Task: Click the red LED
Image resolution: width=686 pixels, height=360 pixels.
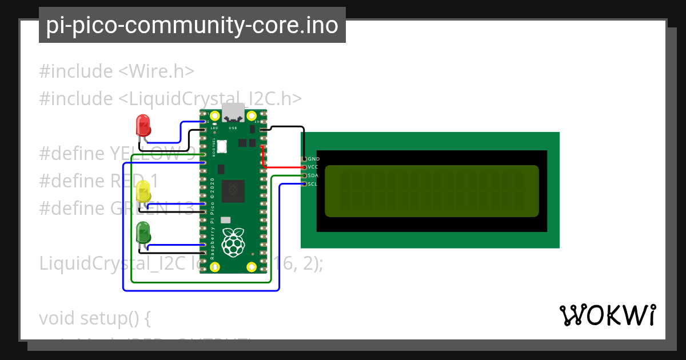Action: point(142,125)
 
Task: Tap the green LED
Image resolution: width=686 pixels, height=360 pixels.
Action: point(143,233)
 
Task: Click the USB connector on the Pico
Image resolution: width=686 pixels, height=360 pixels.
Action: point(233,113)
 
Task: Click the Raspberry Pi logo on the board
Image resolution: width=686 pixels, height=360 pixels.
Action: point(233,242)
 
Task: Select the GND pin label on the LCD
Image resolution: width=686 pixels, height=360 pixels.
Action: point(313,159)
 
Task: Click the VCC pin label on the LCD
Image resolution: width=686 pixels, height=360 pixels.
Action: point(313,167)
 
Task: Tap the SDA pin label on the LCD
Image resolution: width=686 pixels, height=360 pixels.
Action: point(313,176)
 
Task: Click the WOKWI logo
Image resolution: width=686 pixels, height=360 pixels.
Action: point(608,315)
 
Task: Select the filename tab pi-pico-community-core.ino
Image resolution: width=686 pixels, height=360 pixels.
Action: point(192,25)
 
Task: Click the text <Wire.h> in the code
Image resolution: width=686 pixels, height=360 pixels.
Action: point(156,71)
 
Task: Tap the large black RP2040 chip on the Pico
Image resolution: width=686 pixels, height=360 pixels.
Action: point(233,191)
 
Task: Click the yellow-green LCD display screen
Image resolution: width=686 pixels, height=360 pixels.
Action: point(432,191)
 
